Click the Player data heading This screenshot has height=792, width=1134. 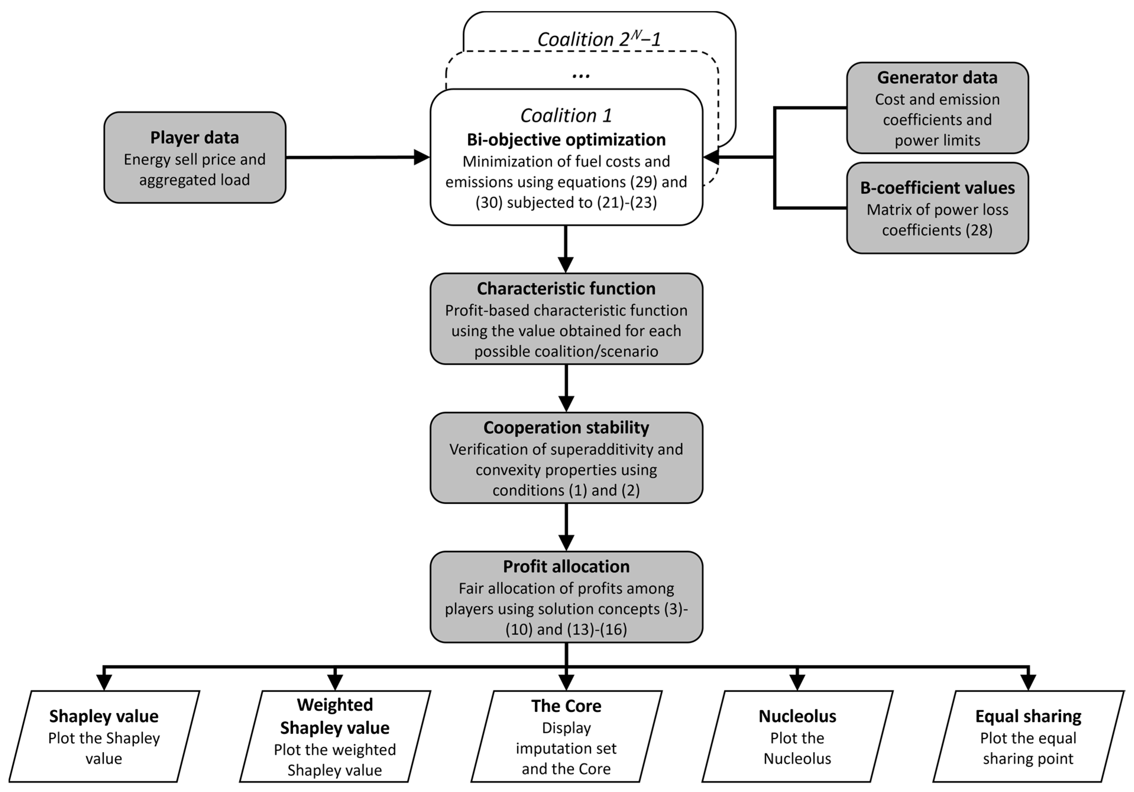coord(195,138)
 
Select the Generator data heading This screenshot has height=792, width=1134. coord(937,77)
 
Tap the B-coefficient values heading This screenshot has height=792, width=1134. coord(937,188)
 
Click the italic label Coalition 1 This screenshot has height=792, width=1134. coord(566,116)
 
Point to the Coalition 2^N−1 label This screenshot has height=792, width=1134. coord(599,40)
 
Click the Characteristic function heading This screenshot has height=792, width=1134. coord(566,288)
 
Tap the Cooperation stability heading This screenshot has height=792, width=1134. coord(566,428)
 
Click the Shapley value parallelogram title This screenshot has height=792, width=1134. coord(104,716)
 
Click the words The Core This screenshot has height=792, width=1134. coord(566,706)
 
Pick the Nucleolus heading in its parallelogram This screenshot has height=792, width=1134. coord(797,716)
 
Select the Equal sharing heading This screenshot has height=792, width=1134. coord(1028,716)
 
